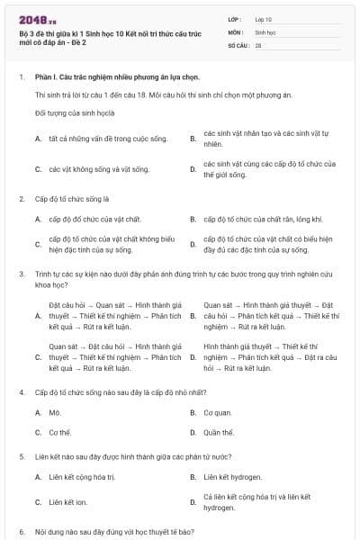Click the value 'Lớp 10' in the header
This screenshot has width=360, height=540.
point(264,19)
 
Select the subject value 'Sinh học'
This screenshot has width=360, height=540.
point(265,31)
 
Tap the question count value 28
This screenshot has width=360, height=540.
point(258,44)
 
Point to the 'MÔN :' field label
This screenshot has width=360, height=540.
point(235,31)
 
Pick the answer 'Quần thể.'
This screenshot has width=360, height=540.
point(220,432)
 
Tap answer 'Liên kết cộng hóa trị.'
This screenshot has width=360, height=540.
point(82,476)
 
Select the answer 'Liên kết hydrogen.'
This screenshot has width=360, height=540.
point(233,476)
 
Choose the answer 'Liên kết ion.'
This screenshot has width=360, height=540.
point(68,501)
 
